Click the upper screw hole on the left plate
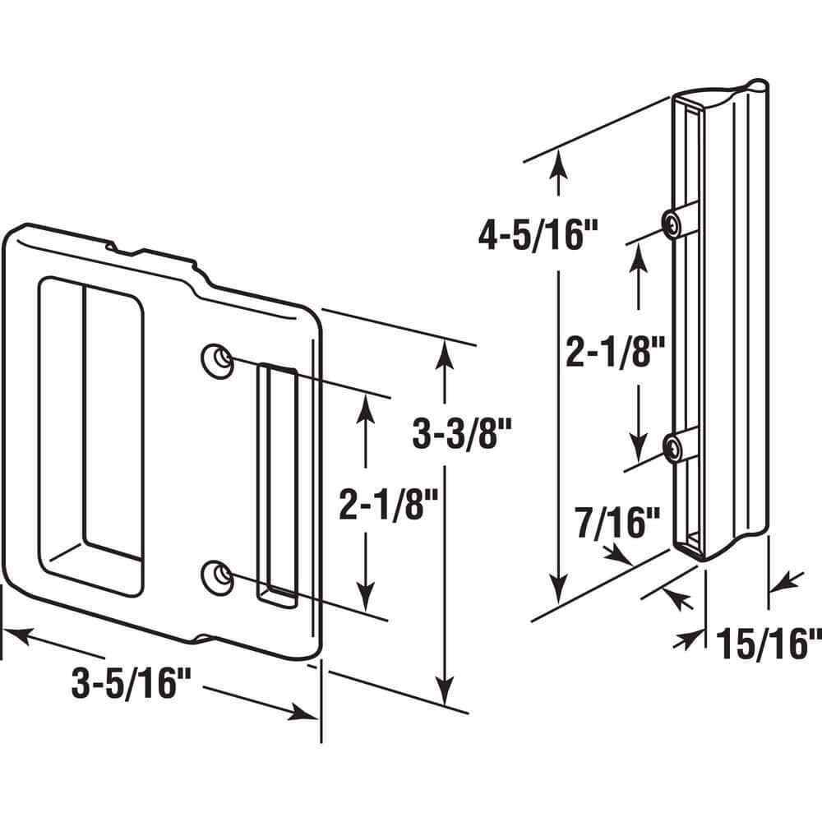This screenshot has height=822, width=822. [x=215, y=360]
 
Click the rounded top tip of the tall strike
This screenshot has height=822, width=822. [x=757, y=87]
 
